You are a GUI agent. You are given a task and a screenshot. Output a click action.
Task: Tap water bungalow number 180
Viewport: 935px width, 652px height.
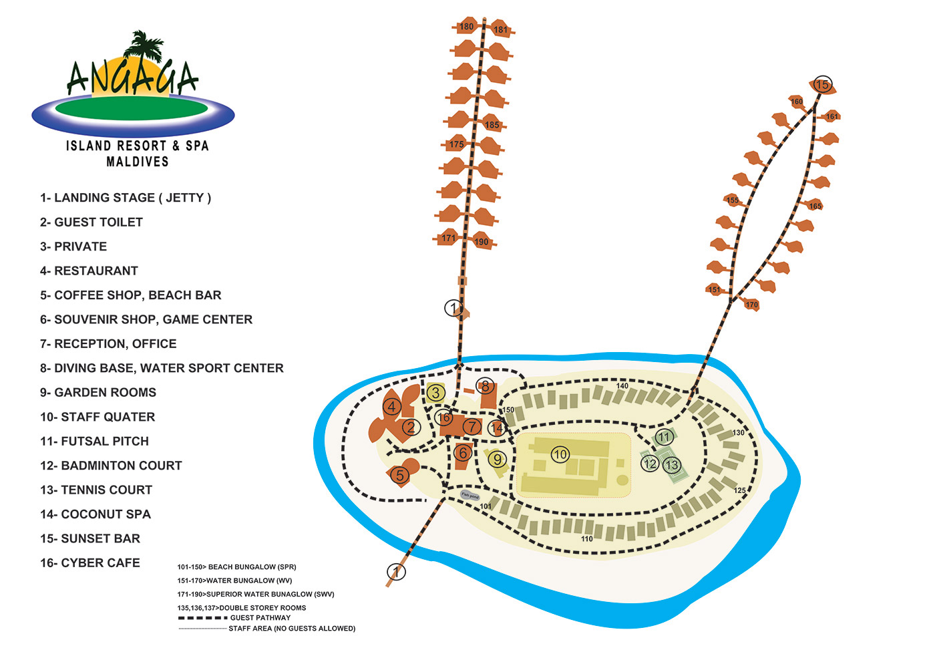coord(466,26)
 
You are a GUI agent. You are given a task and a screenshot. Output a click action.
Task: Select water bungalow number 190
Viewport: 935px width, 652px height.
coord(482,241)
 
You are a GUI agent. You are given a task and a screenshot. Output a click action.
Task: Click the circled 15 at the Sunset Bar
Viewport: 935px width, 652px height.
coord(822,85)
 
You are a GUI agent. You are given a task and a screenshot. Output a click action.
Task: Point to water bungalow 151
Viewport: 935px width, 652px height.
coord(716,289)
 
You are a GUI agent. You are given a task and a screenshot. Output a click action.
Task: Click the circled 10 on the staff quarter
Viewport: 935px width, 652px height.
coord(560,454)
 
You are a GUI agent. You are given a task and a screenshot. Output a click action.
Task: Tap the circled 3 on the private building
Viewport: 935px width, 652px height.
coord(435,392)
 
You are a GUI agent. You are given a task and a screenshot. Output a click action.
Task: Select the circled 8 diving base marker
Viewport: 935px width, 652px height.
coord(485,386)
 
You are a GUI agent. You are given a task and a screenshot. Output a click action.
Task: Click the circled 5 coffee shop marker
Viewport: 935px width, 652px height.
coord(400,475)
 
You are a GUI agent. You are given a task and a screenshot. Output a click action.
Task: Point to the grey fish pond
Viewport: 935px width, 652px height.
coord(470,496)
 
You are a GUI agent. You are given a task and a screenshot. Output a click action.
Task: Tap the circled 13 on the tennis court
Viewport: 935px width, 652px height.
coord(672,464)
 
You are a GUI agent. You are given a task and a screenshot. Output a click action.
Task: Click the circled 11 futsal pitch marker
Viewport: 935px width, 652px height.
coord(664,437)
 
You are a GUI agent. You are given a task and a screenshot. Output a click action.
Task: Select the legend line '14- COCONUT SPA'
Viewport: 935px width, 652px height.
coord(95,514)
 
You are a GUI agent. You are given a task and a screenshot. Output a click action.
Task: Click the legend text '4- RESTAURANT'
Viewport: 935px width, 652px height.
coord(89,271)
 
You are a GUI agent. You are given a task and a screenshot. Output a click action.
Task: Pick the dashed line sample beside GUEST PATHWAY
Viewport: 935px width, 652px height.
coord(203,618)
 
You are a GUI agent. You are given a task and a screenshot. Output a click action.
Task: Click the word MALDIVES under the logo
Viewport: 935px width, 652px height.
coord(138,162)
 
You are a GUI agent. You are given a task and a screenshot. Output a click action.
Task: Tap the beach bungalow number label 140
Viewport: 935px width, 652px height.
coord(622,385)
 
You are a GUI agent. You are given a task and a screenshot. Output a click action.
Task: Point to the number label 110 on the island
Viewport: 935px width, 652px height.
coord(587,539)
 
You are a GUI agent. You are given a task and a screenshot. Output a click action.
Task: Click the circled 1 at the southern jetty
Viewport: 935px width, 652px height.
coord(396,571)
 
